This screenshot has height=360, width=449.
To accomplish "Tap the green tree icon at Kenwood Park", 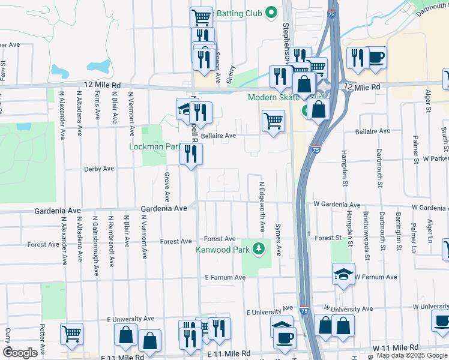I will click(259, 248).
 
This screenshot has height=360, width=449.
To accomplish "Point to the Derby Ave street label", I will click(100, 169).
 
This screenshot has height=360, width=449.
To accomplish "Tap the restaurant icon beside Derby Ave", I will click(191, 154).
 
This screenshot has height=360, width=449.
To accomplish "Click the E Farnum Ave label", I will click(225, 278).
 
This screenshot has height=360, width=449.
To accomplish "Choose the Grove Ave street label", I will click(166, 187).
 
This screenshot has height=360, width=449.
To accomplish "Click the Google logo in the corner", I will click(20, 353).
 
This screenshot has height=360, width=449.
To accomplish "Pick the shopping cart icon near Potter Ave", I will click(71, 333).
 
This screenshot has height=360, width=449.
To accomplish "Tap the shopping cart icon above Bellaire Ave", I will click(273, 121).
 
